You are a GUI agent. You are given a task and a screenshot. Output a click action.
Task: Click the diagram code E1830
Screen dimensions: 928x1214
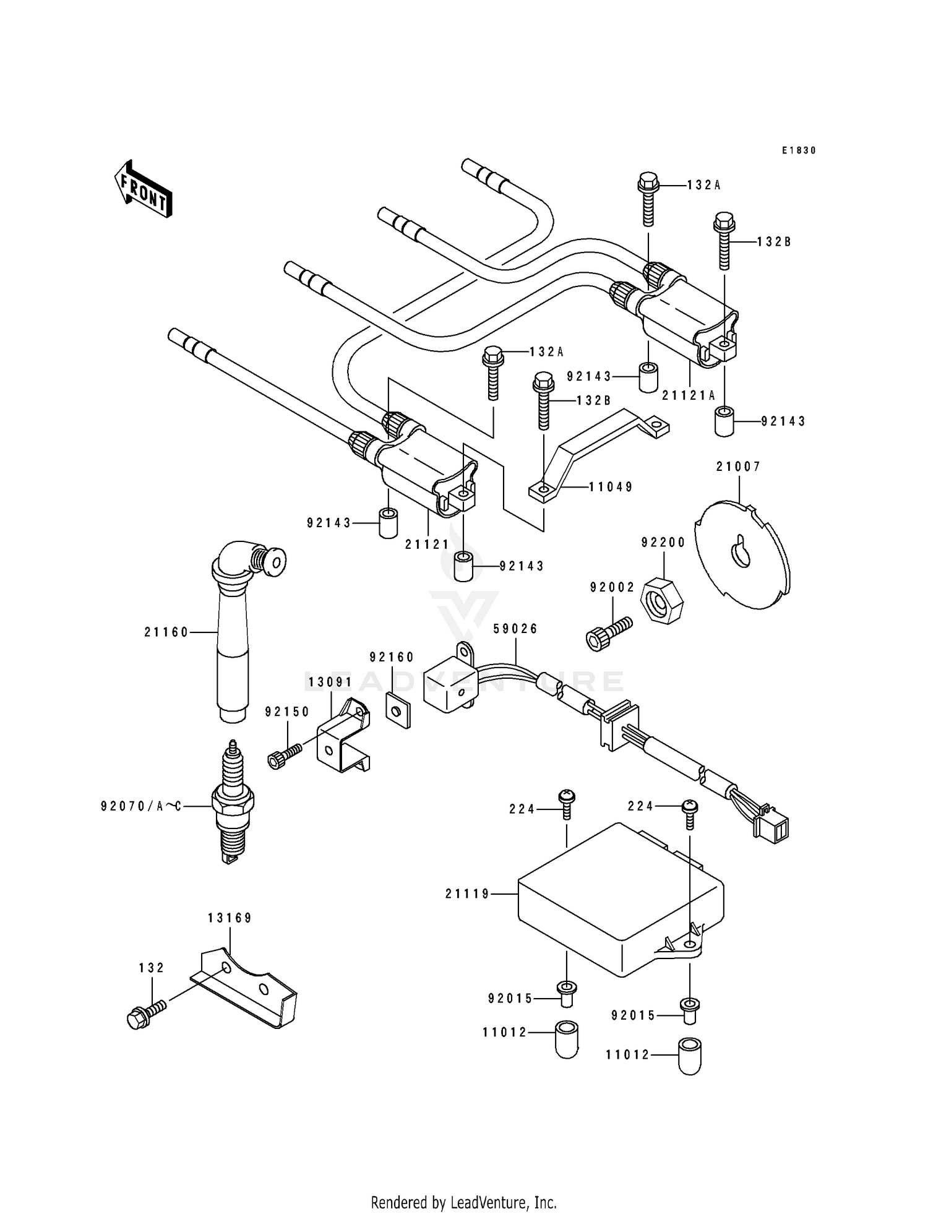(799, 150)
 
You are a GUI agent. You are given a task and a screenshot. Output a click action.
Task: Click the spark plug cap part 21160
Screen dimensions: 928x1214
(233, 631)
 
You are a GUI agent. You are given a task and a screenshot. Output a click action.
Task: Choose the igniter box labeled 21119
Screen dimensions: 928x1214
(619, 899)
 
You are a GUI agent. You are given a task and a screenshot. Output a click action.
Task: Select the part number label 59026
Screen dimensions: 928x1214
(515, 629)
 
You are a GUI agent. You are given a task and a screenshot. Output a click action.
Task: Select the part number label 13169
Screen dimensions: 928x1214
(230, 918)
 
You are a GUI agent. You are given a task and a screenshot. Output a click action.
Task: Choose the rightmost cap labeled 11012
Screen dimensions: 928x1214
(690, 1055)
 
